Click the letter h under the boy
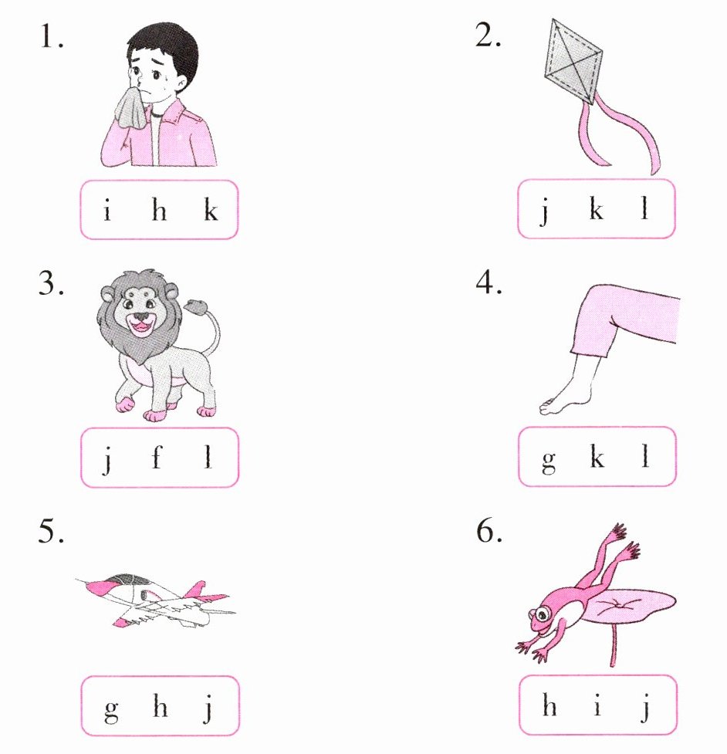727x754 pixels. coord(159,210)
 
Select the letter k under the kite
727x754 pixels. coord(597,208)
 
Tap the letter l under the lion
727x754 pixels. coord(208,457)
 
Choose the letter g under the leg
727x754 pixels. coord(549,461)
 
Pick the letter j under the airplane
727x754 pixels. coord(208,708)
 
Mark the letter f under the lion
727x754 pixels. coord(157,456)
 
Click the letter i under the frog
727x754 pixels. coord(597,705)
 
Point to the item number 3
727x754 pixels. coord(50,282)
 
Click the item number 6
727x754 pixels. coord(489,531)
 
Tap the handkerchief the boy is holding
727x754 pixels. coord(130,109)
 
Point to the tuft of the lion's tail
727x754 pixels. coord(196,306)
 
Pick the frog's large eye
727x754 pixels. coord(542,614)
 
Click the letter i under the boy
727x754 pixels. coord(107,210)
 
